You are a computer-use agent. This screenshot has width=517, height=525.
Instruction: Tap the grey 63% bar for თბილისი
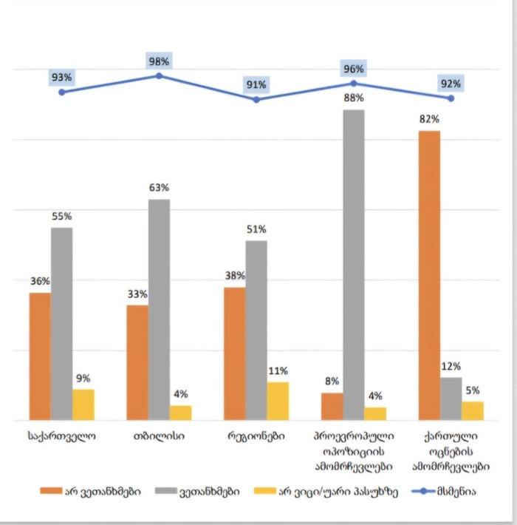tap(159, 309)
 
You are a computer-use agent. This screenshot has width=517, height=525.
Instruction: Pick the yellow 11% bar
tap(278, 401)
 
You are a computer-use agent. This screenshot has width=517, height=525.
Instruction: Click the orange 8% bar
tap(332, 406)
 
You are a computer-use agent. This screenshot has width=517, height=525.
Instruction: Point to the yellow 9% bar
tap(83, 404)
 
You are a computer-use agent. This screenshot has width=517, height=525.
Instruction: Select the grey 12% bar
tap(451, 399)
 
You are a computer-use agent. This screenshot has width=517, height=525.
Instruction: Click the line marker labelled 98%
tap(159, 75)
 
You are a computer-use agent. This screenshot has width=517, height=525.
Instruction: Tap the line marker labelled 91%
tap(256, 99)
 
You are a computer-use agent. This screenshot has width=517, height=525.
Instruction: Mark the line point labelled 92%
tap(451, 98)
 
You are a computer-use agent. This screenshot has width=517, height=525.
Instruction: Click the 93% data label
tap(61, 78)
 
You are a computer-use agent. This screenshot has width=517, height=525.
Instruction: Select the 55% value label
tap(61, 216)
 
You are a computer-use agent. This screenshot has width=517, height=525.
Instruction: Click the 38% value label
tap(235, 275)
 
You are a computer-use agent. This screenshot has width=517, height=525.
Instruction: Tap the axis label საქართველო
tap(61, 436)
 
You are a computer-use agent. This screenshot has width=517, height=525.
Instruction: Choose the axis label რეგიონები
tap(256, 436)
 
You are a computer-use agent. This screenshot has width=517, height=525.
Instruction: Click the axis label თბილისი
tap(159, 436)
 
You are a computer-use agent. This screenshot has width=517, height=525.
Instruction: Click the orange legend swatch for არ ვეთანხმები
tap(56, 492)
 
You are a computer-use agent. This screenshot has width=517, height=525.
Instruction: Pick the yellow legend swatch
tap(265, 492)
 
